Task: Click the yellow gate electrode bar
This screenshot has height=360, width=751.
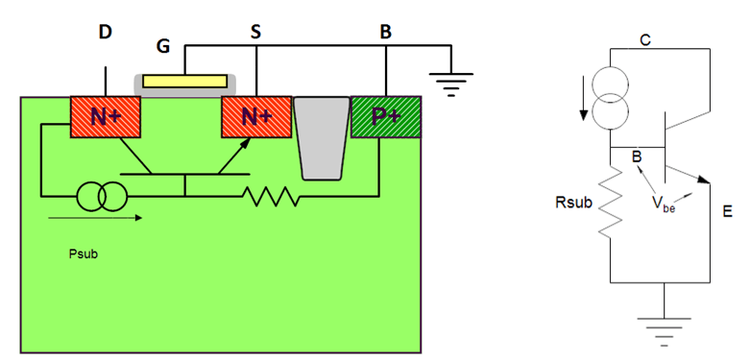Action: (187, 81)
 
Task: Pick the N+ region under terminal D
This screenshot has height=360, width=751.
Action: (106, 117)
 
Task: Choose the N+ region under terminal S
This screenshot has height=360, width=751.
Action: (255, 117)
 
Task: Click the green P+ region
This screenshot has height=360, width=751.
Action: (386, 117)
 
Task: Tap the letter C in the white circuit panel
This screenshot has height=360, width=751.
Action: (644, 40)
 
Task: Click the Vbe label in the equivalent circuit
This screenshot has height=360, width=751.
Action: (661, 203)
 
